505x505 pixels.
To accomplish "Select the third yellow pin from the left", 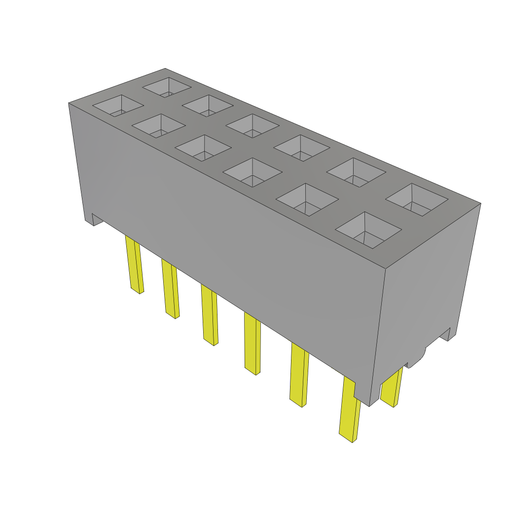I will [209, 316].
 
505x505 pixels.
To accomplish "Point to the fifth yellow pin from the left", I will [299, 375].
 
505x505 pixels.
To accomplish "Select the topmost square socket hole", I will [167, 87].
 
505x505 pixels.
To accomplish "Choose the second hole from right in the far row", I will [356, 172].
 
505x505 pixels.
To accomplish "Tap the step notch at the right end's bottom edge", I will [446, 335].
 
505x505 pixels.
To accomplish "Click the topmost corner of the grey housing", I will [165, 69].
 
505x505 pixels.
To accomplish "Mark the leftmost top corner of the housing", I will [69, 103].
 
